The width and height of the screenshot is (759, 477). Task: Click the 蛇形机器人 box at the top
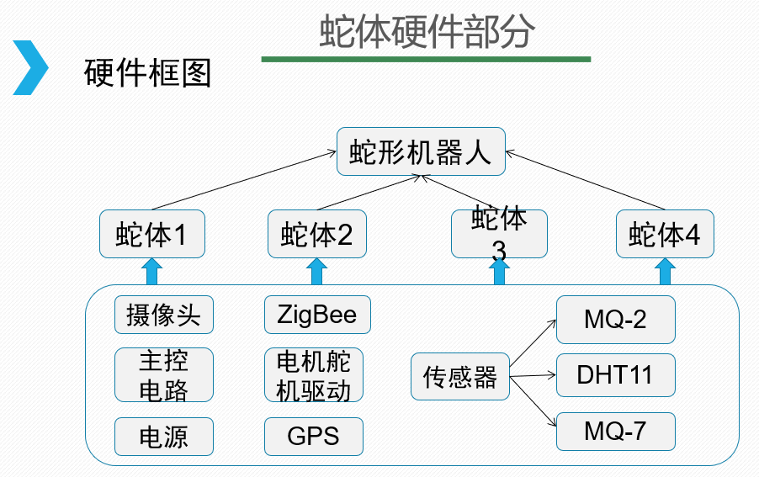click(x=420, y=151)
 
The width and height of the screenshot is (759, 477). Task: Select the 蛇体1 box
click(x=151, y=233)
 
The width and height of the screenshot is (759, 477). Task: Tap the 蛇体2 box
click(x=316, y=233)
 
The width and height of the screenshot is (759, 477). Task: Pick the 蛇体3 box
click(x=499, y=233)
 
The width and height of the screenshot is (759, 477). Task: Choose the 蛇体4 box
click(x=665, y=233)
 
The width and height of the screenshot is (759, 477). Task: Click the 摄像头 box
click(x=163, y=315)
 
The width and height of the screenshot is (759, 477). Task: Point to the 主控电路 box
click(x=163, y=374)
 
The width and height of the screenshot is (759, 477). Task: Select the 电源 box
click(x=163, y=437)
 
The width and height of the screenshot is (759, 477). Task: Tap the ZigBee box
click(x=316, y=315)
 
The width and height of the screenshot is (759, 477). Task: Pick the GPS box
click(x=313, y=437)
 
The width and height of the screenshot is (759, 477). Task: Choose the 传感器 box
click(x=460, y=376)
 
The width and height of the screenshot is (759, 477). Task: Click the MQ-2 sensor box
click(x=615, y=319)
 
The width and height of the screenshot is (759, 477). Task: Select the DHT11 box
click(x=615, y=374)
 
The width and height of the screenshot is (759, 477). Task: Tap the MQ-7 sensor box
click(x=615, y=432)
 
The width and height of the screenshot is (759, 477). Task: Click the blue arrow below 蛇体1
click(x=151, y=271)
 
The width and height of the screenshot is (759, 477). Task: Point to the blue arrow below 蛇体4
click(x=665, y=271)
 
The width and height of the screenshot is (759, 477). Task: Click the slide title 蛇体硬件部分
click(x=427, y=33)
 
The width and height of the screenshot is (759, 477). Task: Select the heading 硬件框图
click(x=148, y=74)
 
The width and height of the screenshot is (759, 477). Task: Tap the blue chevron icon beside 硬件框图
click(x=30, y=67)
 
